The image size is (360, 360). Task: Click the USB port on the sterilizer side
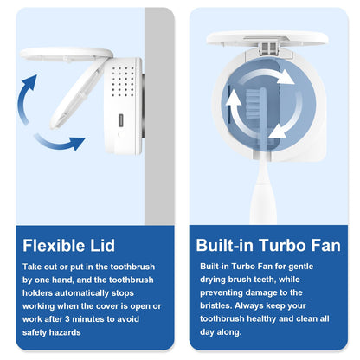121,119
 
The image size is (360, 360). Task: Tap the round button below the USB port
120,134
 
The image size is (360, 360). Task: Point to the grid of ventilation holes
123,81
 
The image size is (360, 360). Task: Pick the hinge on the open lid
269,48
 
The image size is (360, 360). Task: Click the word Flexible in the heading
54,246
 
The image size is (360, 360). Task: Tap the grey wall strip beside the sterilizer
159,115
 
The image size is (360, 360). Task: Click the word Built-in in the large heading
225,246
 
